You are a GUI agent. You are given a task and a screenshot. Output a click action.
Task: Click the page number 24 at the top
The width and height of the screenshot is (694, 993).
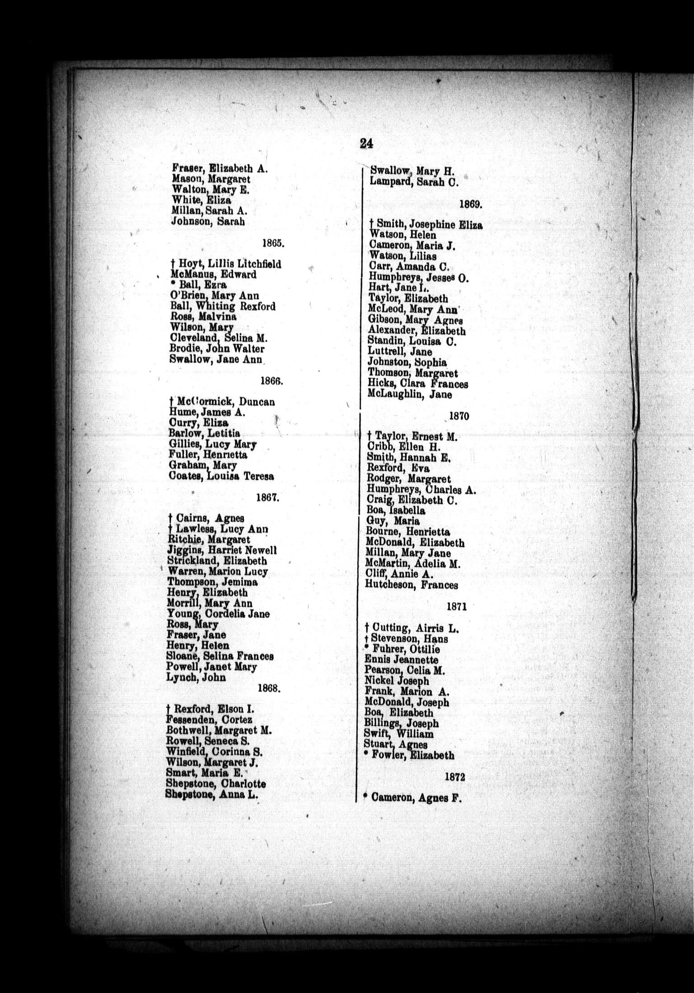tap(366, 144)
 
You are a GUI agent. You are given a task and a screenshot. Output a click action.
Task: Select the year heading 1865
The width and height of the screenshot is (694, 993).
tap(273, 243)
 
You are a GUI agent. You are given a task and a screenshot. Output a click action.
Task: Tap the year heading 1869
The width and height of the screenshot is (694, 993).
tap(471, 204)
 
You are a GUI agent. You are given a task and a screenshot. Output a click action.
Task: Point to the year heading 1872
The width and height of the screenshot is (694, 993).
tap(455, 777)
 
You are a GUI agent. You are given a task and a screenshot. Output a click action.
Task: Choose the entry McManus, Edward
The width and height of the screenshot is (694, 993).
tap(213, 274)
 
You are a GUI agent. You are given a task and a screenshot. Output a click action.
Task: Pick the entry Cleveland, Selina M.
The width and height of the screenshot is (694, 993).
tap(219, 339)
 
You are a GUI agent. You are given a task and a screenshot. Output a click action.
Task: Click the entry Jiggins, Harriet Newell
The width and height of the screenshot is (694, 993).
tap(222, 551)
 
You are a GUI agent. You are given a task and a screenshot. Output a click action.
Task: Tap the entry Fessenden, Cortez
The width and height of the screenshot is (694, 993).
tap(210, 720)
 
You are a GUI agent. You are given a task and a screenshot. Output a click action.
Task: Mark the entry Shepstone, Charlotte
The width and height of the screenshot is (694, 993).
tap(216, 784)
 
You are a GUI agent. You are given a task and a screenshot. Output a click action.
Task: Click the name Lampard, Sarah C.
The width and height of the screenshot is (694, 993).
tap(414, 182)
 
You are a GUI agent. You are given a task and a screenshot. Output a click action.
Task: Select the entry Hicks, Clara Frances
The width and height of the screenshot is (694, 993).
tap(418, 384)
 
